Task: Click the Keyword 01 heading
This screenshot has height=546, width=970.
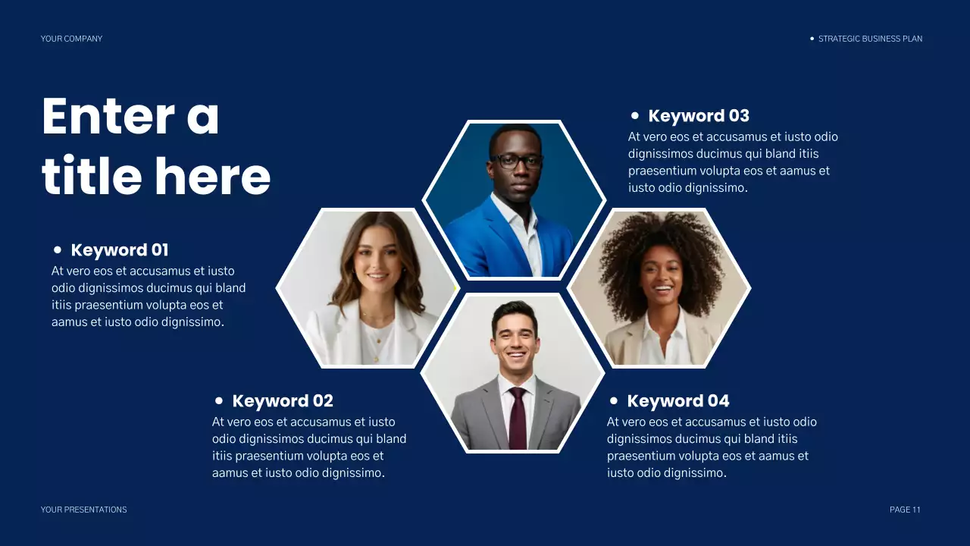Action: click(119, 250)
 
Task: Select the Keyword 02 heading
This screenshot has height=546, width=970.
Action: click(282, 401)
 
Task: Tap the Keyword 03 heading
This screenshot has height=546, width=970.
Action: click(699, 116)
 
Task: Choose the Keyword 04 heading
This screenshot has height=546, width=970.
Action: click(677, 401)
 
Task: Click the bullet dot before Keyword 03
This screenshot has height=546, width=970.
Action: click(635, 115)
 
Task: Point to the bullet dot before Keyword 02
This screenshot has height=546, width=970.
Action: click(219, 400)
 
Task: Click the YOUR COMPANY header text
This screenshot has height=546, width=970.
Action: click(71, 39)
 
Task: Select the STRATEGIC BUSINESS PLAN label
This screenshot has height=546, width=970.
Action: click(870, 39)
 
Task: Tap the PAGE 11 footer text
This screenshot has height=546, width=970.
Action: click(905, 510)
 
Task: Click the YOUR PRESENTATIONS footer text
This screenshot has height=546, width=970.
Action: click(83, 510)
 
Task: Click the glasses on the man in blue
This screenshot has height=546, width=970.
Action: click(516, 161)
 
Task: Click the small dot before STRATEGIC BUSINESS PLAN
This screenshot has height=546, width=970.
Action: click(812, 38)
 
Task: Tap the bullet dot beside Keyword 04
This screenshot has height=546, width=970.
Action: click(614, 400)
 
